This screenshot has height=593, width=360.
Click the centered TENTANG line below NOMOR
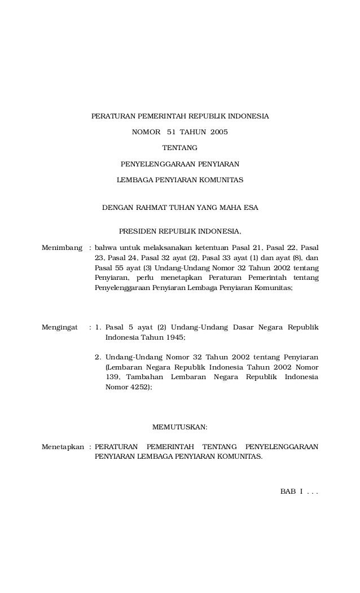180,148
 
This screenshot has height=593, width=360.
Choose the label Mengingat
60,327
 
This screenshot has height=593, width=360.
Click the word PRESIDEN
137,231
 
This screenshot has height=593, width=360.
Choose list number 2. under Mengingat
98,357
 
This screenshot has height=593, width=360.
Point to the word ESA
251,208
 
